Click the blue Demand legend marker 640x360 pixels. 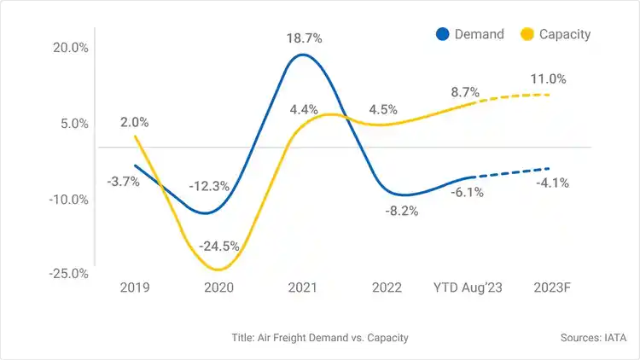click(x=442, y=34)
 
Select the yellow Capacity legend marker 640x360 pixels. click(x=527, y=34)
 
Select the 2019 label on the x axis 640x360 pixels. click(x=135, y=287)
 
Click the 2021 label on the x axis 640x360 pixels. click(x=304, y=287)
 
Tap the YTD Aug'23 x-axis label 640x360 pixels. click(x=468, y=287)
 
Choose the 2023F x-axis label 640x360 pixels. click(x=551, y=287)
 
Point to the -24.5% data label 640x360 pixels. click(x=218, y=246)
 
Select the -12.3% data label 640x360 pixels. click(x=209, y=185)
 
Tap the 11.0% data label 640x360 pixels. click(x=548, y=78)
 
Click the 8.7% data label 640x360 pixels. click(x=465, y=92)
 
